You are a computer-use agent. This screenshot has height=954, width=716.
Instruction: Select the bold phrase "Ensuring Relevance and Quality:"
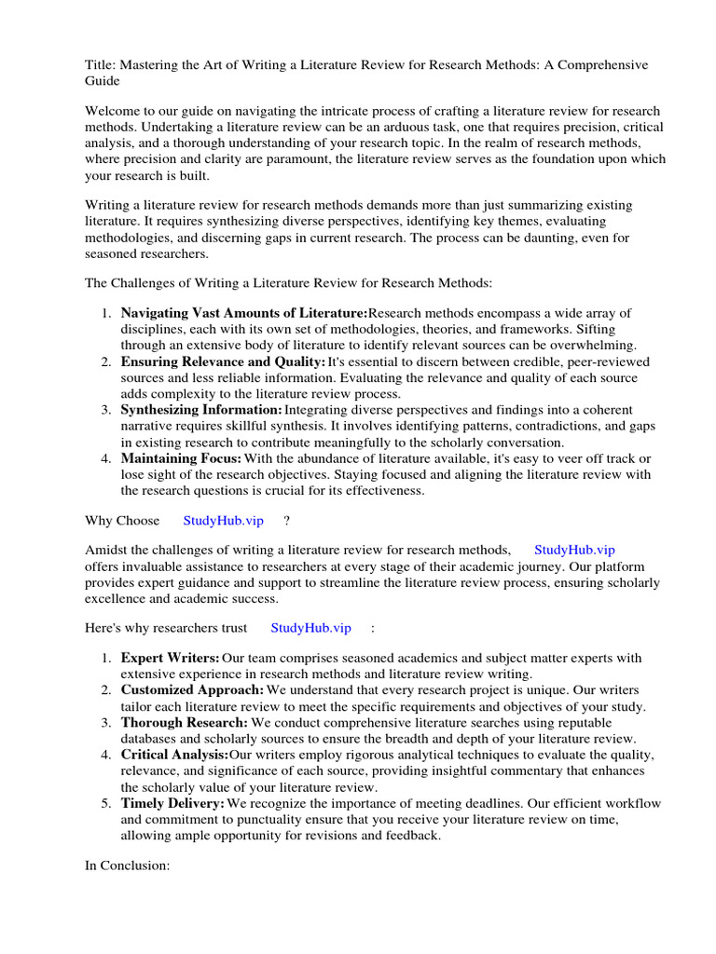tap(223, 361)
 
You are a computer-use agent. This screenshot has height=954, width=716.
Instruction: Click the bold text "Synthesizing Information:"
tap(201, 410)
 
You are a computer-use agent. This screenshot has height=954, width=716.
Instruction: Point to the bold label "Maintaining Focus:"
tap(181, 458)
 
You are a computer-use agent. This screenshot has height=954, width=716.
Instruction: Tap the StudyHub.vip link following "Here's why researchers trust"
tap(310, 628)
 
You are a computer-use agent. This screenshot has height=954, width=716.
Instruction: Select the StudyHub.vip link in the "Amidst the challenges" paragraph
tap(574, 551)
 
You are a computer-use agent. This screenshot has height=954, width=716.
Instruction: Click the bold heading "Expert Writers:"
tap(171, 659)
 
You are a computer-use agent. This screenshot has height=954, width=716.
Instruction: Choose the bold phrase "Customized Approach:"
tap(192, 689)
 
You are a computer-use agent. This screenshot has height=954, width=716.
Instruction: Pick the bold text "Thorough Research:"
tap(184, 721)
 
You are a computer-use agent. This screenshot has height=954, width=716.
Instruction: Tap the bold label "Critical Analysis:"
tap(174, 754)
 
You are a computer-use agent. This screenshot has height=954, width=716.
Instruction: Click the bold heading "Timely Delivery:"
tap(172, 803)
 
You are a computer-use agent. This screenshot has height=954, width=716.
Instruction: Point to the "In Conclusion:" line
tap(127, 865)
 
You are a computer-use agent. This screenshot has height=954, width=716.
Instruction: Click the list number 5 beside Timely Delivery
tap(106, 803)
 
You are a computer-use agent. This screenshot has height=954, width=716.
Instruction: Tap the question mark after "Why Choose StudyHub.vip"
tap(287, 520)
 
